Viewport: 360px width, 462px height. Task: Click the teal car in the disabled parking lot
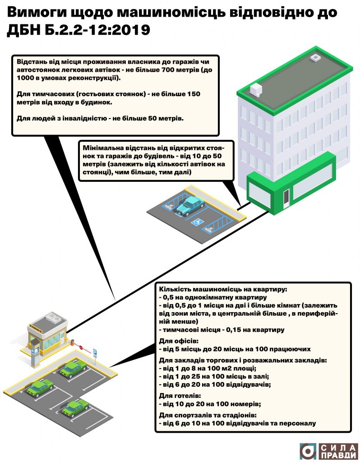[190, 205]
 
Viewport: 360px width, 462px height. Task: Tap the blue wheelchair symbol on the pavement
[197, 222]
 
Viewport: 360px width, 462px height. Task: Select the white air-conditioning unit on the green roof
[256, 89]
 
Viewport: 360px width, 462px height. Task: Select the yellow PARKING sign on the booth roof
[36, 323]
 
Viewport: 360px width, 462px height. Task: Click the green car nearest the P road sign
[73, 369]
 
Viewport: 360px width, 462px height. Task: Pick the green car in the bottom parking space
[74, 407]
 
